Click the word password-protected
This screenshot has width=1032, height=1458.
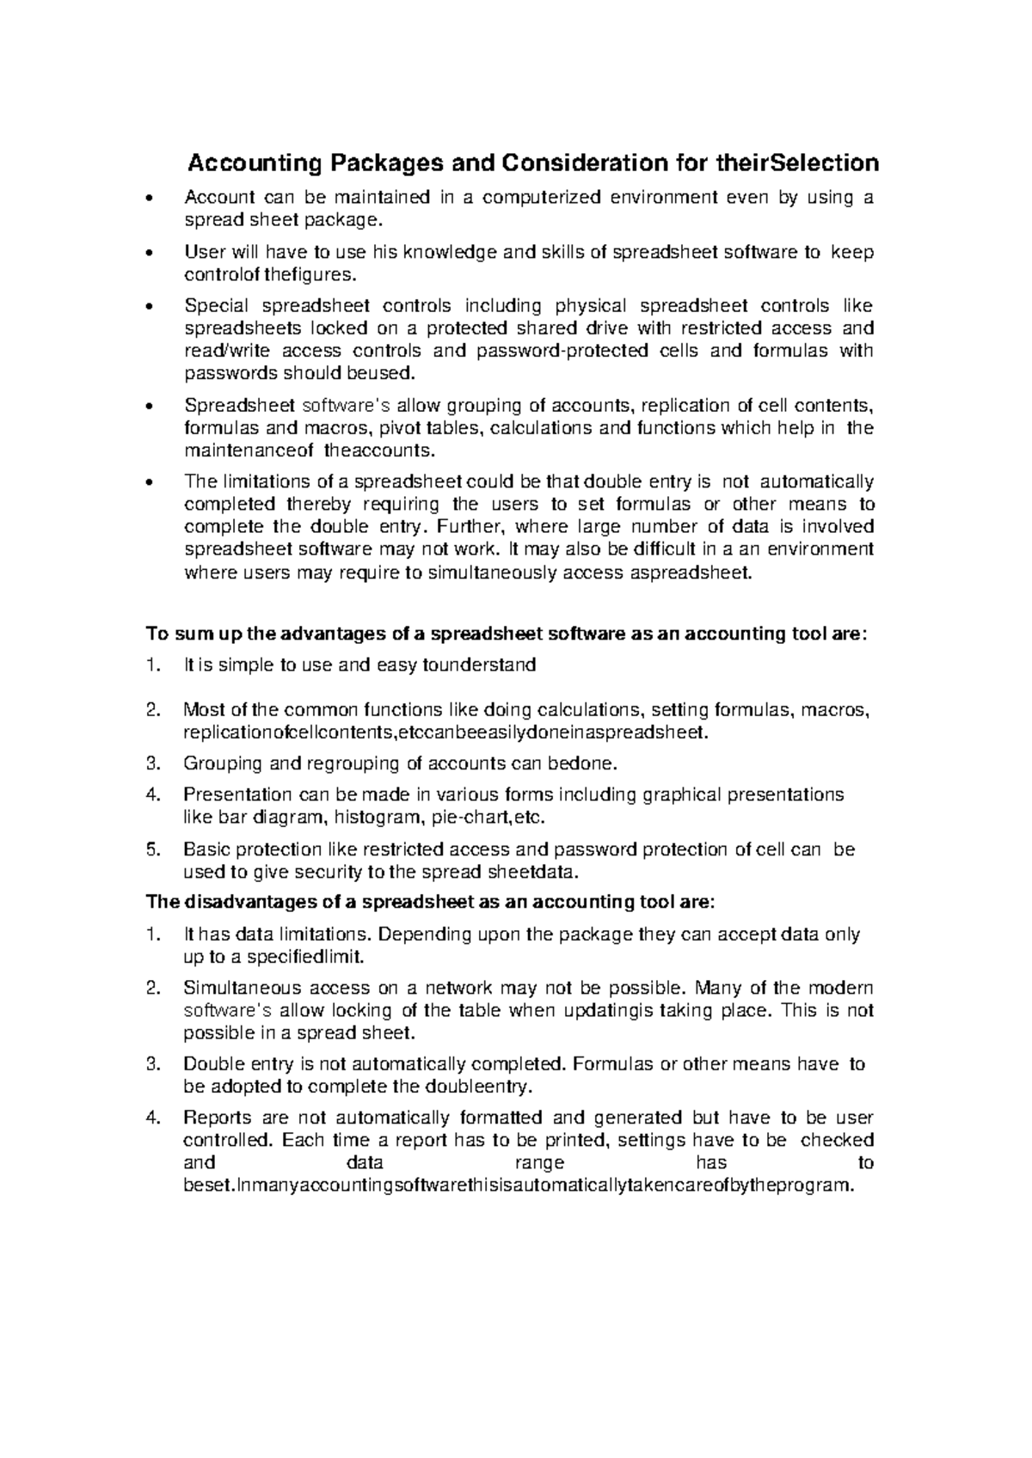coord(563,351)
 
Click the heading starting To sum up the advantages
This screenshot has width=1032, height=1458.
coord(507,634)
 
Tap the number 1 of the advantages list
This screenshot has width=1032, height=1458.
coord(153,665)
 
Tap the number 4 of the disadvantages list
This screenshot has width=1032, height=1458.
coord(153,1118)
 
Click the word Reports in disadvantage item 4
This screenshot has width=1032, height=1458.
coord(218,1118)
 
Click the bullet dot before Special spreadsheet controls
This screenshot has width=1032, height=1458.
coord(150,307)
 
